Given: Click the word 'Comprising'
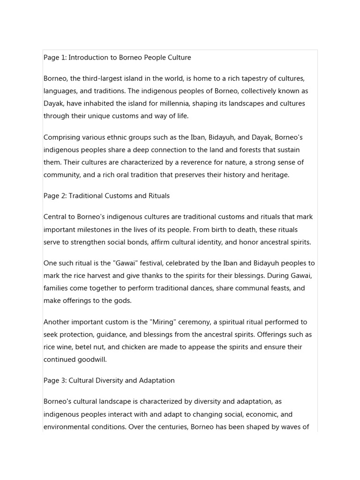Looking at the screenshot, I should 61,137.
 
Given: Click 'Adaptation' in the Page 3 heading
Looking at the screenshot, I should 157,380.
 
